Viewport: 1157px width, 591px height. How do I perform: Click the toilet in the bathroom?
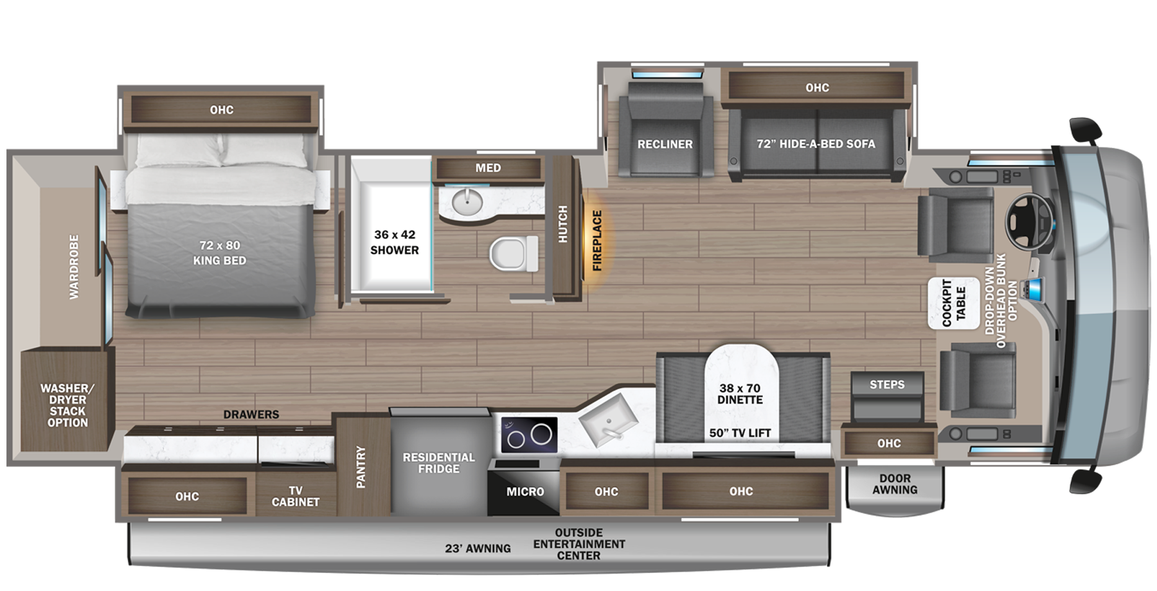[x=514, y=252]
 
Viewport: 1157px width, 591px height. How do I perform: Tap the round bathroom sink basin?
[x=467, y=203]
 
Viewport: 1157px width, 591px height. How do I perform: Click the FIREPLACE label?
[x=597, y=240]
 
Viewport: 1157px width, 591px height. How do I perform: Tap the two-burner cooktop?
[x=529, y=435]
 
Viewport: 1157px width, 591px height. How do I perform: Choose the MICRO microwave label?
[x=525, y=491]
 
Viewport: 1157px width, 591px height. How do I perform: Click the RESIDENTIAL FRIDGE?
[x=439, y=463]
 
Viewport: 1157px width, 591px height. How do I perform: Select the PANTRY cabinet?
[x=361, y=466]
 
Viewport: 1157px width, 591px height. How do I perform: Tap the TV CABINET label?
[x=296, y=496]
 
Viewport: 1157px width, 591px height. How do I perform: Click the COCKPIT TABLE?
[x=954, y=303]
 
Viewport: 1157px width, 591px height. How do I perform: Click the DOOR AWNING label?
[x=895, y=484]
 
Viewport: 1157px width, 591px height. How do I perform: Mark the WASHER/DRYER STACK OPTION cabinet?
[x=67, y=405]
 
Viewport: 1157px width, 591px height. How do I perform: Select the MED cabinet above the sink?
[x=489, y=168]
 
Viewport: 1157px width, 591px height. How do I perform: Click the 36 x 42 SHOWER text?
[x=394, y=242]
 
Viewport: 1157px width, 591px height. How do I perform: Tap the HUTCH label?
[x=563, y=224]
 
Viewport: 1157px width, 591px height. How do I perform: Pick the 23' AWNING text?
[x=478, y=548]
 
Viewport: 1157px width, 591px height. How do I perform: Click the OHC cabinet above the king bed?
[x=221, y=110]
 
